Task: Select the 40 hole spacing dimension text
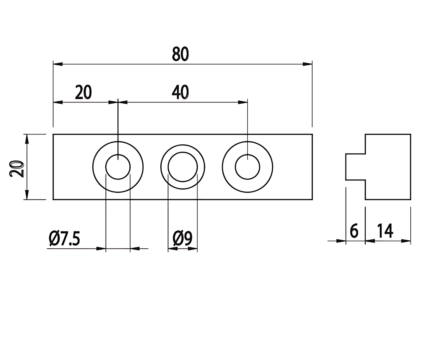pyautogui.click(x=180, y=92)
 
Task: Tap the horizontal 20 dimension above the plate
pyautogui.click(x=83, y=92)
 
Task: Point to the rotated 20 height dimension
pyautogui.click(x=17, y=169)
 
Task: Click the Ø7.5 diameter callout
pyautogui.click(x=64, y=238)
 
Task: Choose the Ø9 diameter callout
pyautogui.click(x=182, y=238)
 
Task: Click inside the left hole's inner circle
pyautogui.click(x=118, y=167)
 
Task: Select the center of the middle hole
pyautogui.click(x=183, y=167)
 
